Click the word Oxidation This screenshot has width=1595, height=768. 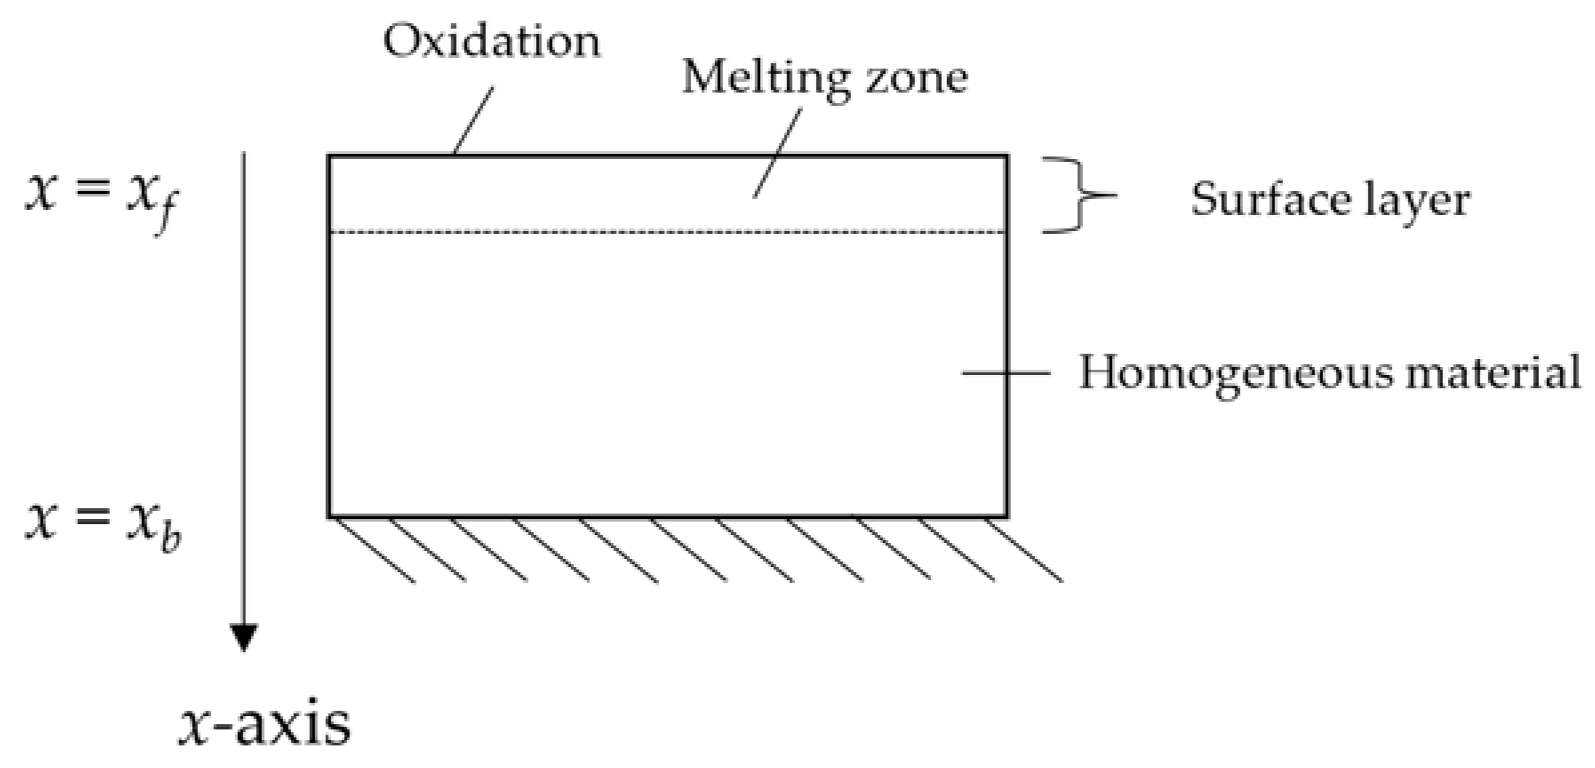coord(491,41)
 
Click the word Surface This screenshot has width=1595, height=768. coord(1270,199)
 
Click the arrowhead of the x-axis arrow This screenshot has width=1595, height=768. coord(244,637)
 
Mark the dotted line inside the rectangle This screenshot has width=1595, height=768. coord(667,232)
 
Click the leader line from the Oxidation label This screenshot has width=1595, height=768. coord(473,120)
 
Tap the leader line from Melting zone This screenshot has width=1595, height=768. coord(777,153)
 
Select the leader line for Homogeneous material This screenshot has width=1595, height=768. coord(1005,373)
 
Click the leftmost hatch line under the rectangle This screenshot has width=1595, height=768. coord(374,550)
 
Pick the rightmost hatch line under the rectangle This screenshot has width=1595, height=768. coord(1023,550)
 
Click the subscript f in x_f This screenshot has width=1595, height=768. coord(164,212)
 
